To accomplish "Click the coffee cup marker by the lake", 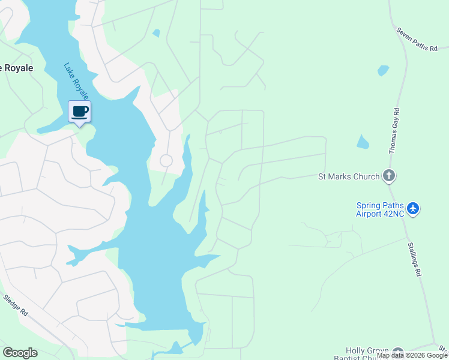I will pos(79,111).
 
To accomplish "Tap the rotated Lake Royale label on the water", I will pos(77,81).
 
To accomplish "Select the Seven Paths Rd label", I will pos(417,39).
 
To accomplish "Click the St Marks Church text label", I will pos(348,176).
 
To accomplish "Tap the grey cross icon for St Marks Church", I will pos(389,176).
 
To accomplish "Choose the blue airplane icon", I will pos(413,209).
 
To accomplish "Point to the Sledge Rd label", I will pos(16,305).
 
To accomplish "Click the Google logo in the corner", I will pos(20,353).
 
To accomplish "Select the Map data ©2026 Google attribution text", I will pos(412,356).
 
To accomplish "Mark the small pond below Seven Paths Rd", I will pos(383,70).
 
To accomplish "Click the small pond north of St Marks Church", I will pos(362,142).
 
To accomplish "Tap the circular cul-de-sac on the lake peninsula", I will pos(166,161).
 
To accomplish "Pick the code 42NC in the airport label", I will pos(394,213).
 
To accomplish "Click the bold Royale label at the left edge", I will pos(17,68).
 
